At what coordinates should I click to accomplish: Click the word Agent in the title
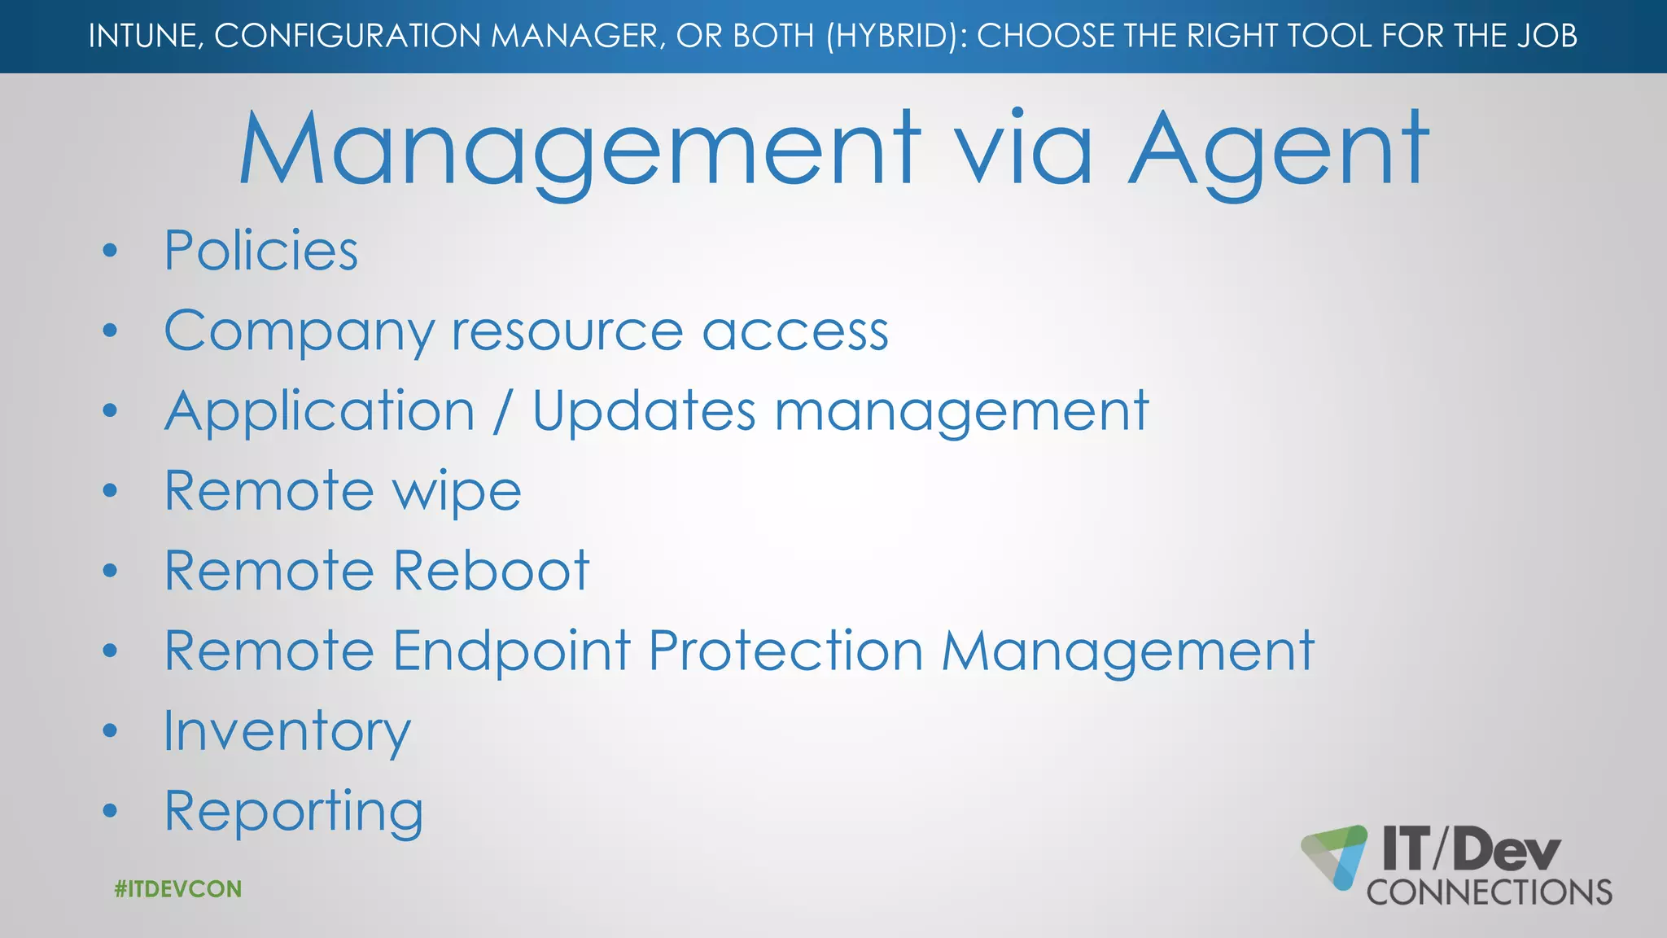1278,151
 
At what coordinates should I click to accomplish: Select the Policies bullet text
261,250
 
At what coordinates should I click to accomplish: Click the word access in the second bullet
795,332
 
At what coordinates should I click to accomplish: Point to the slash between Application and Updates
503,411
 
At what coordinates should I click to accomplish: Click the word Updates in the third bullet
644,411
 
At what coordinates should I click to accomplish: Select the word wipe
457,492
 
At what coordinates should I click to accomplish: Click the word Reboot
492,570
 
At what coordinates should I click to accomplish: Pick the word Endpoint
512,651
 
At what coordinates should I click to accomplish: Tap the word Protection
786,651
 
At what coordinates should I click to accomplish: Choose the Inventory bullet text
287,731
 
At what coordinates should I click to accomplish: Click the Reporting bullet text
294,812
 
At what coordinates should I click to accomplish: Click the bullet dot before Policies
111,251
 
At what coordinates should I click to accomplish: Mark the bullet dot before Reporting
111,812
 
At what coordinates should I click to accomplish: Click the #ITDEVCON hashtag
178,888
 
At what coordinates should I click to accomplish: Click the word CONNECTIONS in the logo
1489,892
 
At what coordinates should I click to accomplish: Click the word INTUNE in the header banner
145,36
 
